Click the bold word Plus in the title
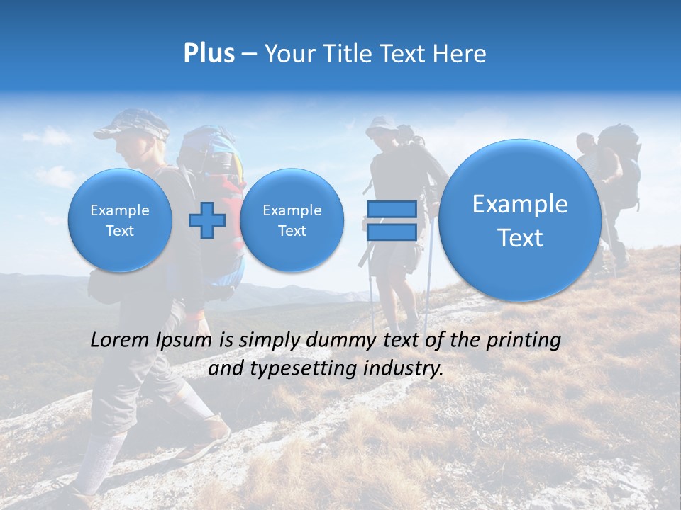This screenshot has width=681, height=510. (x=209, y=54)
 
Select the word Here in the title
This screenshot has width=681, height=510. (x=459, y=54)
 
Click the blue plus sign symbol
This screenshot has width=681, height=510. (x=207, y=220)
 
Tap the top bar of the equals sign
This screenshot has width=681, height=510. (x=391, y=209)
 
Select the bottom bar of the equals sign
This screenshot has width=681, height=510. (x=391, y=232)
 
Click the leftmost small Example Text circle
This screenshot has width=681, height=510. (x=120, y=220)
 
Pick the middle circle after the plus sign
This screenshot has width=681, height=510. (x=292, y=220)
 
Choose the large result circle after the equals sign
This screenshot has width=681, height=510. (x=520, y=220)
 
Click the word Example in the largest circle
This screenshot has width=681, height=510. (x=520, y=204)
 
